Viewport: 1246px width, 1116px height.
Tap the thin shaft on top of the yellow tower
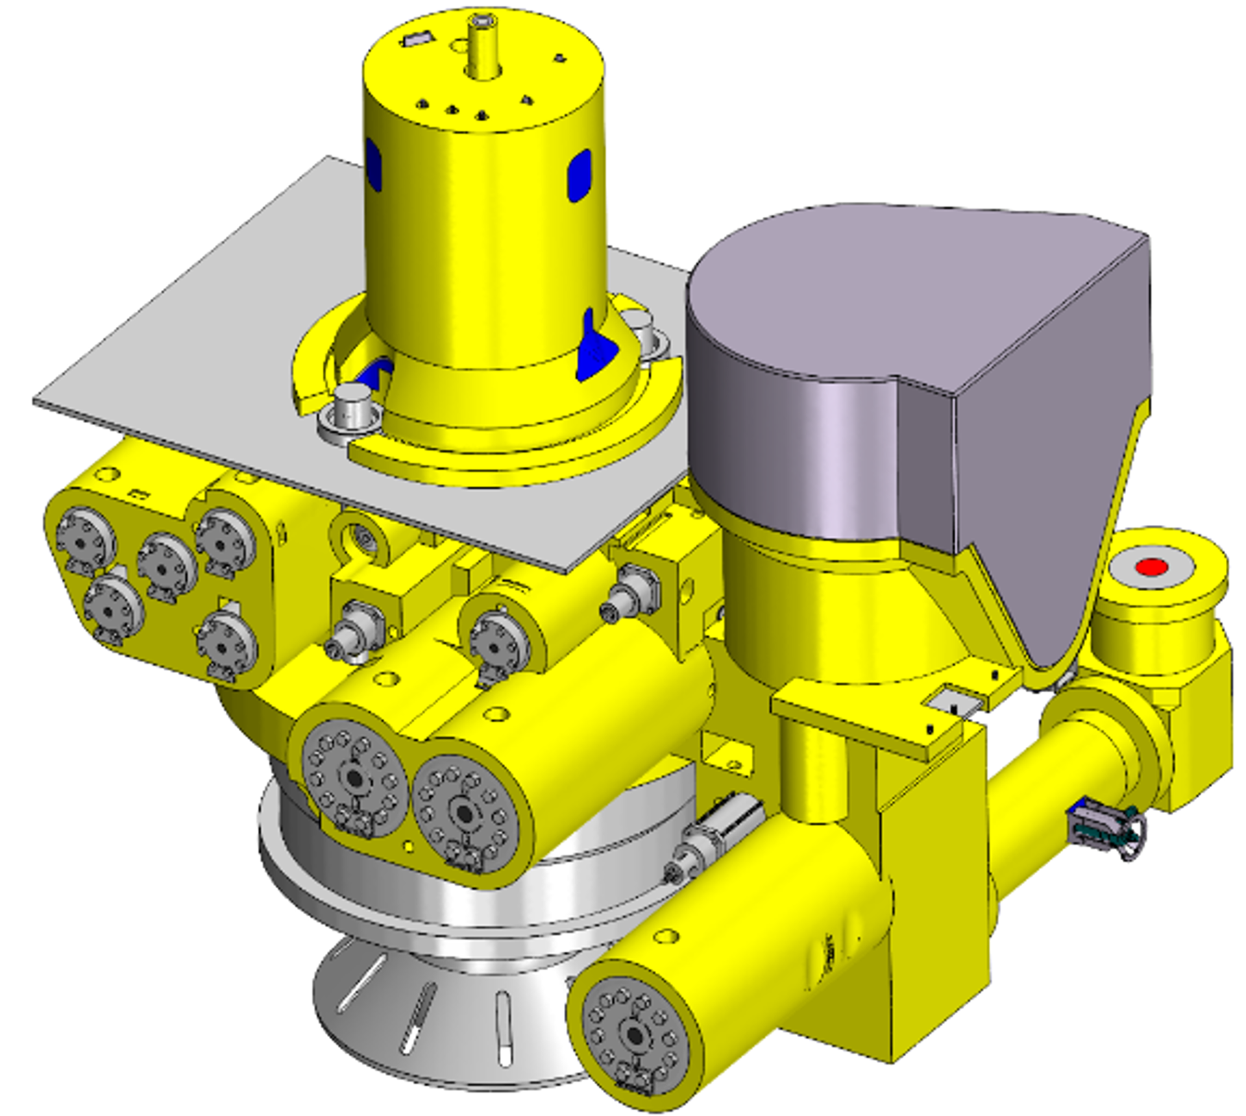pyautogui.click(x=482, y=45)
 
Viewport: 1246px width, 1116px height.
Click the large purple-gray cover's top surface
pyautogui.click(x=909, y=285)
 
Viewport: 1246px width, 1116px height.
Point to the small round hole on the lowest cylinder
pyautogui.click(x=666, y=936)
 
